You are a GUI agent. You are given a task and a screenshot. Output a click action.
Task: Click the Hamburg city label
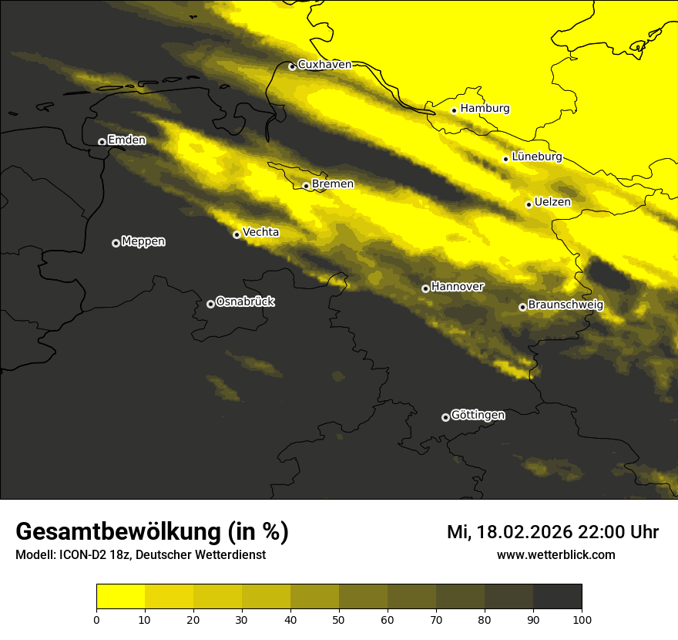click(x=485, y=109)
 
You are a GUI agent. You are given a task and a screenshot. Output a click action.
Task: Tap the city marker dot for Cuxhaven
click(x=292, y=67)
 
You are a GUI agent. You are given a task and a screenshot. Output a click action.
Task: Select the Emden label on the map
click(x=126, y=140)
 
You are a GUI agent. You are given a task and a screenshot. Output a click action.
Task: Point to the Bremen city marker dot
click(x=306, y=186)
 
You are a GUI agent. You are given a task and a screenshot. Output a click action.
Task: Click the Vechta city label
click(x=260, y=232)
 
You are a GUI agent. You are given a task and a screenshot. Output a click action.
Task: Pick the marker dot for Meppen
click(x=116, y=243)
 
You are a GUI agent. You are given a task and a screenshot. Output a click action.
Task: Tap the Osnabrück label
click(x=245, y=301)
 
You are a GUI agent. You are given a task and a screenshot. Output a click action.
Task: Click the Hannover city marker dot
click(x=425, y=288)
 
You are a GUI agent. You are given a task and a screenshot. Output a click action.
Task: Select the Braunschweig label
click(x=566, y=305)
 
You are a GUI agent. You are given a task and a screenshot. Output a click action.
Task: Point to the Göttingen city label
click(x=478, y=416)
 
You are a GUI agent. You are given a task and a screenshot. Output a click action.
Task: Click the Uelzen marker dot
click(x=529, y=204)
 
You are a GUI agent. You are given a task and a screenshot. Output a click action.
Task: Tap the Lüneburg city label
click(x=536, y=157)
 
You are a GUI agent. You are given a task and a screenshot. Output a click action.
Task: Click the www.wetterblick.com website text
click(x=555, y=555)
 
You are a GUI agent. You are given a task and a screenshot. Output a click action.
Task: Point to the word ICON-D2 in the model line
click(x=79, y=555)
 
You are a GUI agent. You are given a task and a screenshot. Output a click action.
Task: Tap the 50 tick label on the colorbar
click(x=339, y=619)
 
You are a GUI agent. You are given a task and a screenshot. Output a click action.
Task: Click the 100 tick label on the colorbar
click(x=582, y=619)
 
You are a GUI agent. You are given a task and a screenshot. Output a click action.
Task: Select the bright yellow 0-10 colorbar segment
click(x=120, y=597)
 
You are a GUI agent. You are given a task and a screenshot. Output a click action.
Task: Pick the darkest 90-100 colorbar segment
click(x=557, y=597)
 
